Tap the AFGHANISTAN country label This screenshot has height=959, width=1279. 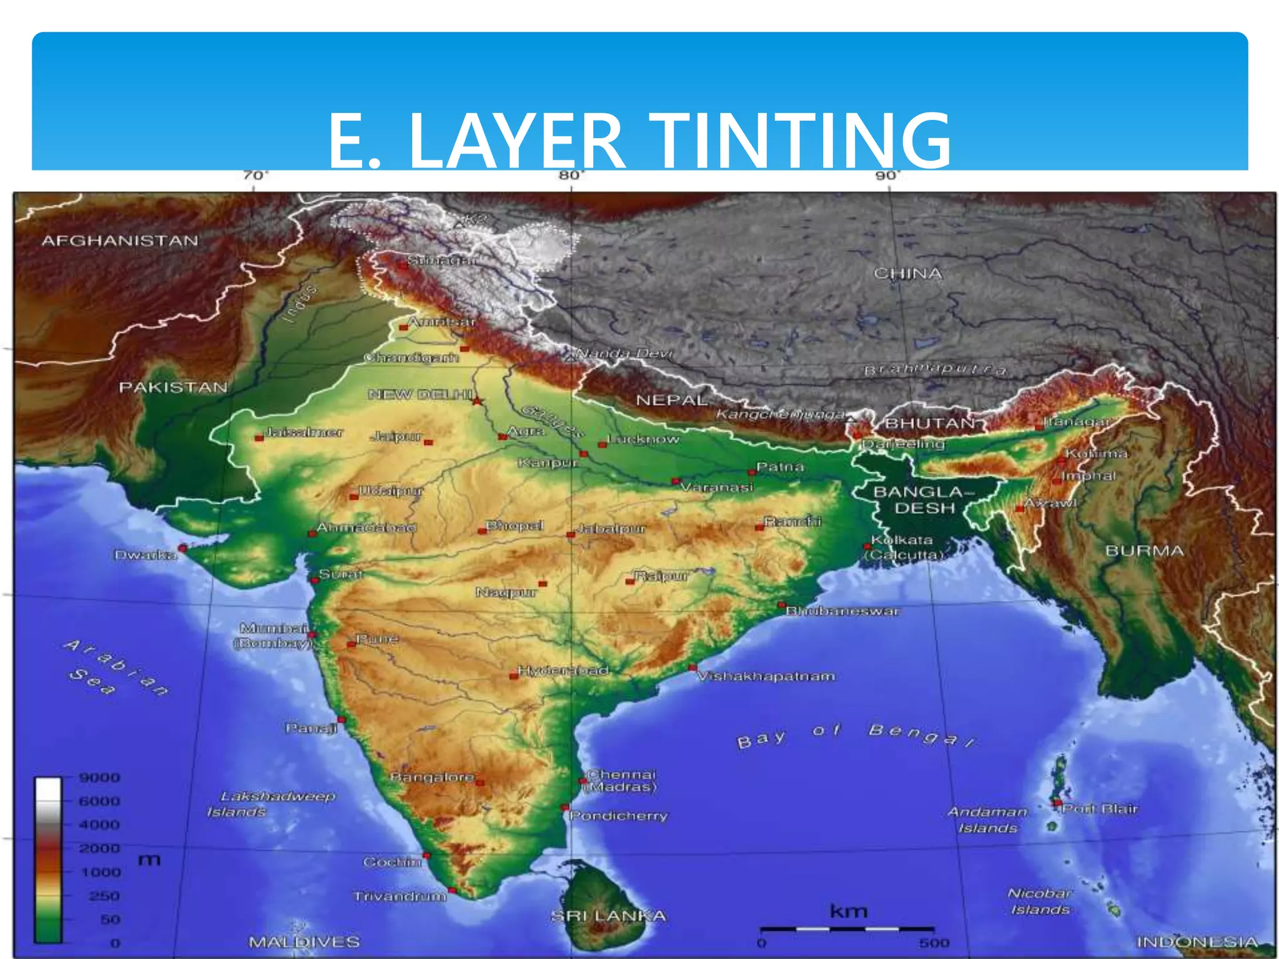pyautogui.click(x=120, y=241)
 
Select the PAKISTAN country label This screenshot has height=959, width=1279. pyautogui.click(x=173, y=388)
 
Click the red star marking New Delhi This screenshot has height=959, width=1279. pyautogui.click(x=477, y=400)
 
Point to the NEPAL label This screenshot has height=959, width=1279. pyautogui.click(x=671, y=400)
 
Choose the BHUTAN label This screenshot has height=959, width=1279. pyautogui.click(x=930, y=423)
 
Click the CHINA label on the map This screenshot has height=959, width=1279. pyautogui.click(x=907, y=273)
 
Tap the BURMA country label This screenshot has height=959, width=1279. pyautogui.click(x=1144, y=551)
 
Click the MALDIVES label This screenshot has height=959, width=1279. pyautogui.click(x=304, y=942)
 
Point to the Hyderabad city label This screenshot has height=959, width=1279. pyautogui.click(x=563, y=671)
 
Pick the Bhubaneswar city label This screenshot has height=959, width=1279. pyautogui.click(x=842, y=611)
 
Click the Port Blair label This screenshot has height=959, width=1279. pyautogui.click(x=1100, y=809)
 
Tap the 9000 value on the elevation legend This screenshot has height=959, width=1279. pyautogui.click(x=99, y=778)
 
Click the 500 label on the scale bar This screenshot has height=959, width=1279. pyautogui.click(x=934, y=943)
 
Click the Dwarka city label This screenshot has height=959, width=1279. pyautogui.click(x=144, y=555)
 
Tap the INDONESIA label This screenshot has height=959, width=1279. pyautogui.click(x=1197, y=942)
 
